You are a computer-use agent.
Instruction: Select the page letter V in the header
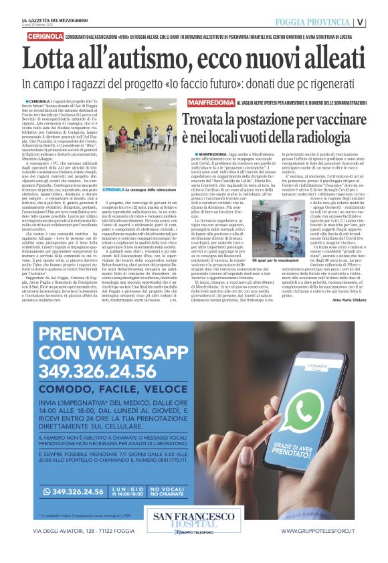pyautogui.click(x=379, y=21)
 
